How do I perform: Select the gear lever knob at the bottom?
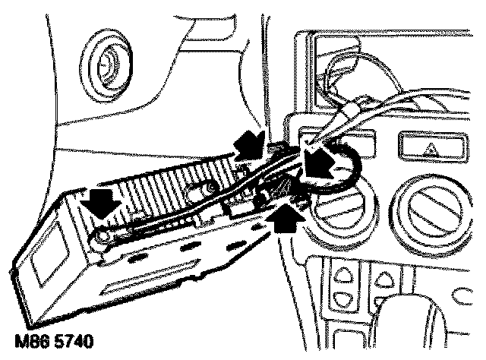coord(425,334)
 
